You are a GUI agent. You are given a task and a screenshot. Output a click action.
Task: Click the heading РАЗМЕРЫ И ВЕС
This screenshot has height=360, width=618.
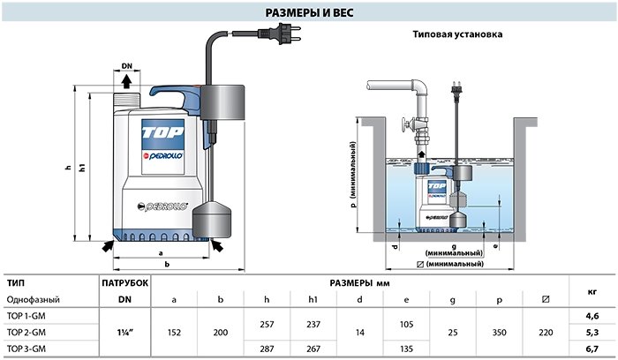[309, 12]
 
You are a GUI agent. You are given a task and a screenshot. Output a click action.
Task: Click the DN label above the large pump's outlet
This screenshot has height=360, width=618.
[127, 66]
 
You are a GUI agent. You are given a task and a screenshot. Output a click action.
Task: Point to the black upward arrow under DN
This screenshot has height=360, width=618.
[126, 81]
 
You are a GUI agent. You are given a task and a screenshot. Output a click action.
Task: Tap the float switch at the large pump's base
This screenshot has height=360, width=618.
[212, 220]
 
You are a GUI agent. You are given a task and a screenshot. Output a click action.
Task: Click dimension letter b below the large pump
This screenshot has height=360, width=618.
[167, 265]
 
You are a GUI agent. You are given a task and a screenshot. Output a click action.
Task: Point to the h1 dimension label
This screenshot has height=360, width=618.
[82, 168]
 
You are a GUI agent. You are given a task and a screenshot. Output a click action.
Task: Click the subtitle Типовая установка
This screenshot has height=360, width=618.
[457, 34]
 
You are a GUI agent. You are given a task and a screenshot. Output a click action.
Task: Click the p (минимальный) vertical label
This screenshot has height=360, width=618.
[353, 175]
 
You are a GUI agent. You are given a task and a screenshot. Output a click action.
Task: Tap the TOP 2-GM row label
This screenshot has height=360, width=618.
[26, 333]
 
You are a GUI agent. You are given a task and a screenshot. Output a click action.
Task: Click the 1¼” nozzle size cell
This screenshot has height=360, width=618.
[125, 333]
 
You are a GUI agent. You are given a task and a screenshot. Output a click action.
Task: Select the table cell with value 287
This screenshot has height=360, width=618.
[267, 349]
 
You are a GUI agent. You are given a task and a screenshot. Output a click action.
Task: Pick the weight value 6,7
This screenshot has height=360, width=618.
[592, 349]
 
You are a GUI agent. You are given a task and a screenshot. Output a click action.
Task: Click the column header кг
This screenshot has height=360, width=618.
[592, 291]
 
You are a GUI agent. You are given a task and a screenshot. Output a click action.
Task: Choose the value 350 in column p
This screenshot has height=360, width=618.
[499, 333]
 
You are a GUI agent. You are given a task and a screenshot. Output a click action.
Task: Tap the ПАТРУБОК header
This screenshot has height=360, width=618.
[125, 283]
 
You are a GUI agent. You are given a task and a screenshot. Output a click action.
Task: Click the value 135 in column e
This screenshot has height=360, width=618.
[406, 349]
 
